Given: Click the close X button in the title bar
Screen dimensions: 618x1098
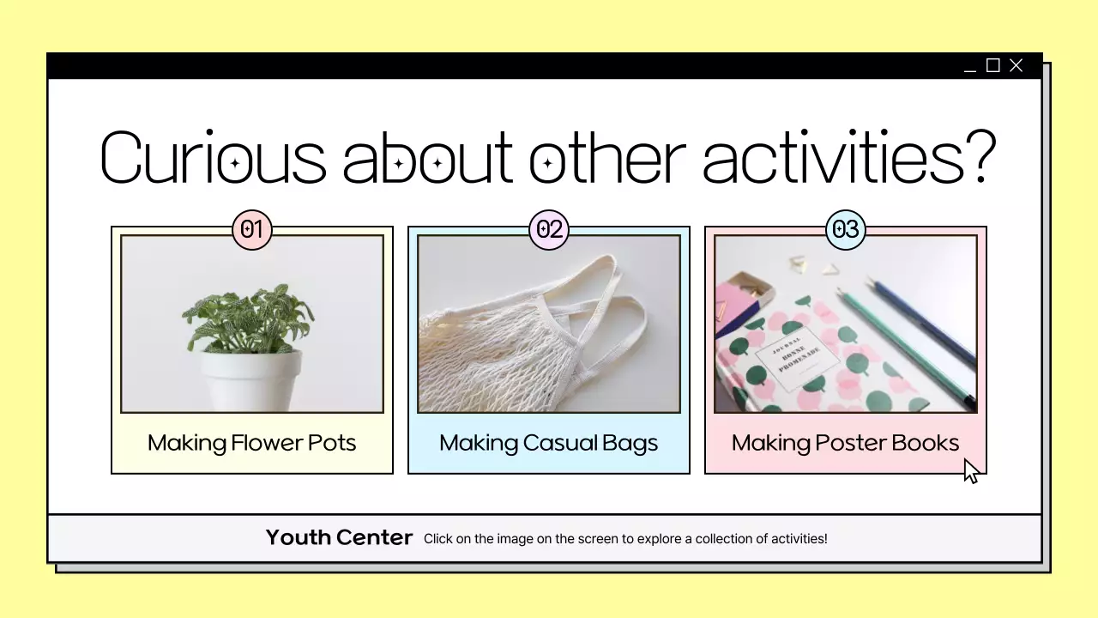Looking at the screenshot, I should coord(1017,65).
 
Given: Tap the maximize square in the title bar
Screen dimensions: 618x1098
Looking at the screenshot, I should coord(993,65).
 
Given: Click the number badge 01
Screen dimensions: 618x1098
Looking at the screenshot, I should coord(251,229).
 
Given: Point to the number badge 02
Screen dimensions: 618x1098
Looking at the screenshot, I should coord(549,229).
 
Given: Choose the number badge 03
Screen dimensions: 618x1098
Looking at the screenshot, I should coord(846,229).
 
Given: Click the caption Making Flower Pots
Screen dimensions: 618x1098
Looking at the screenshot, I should coord(251,443).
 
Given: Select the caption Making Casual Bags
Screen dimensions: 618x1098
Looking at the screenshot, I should coord(549,443).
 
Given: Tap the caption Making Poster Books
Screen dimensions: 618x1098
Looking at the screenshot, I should coord(845,443).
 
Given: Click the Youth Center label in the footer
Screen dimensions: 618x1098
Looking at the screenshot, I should coord(339,537).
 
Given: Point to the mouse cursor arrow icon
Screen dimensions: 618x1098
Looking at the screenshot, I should coord(970,471).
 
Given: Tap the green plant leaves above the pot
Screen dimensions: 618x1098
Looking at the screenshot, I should coord(248,318).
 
